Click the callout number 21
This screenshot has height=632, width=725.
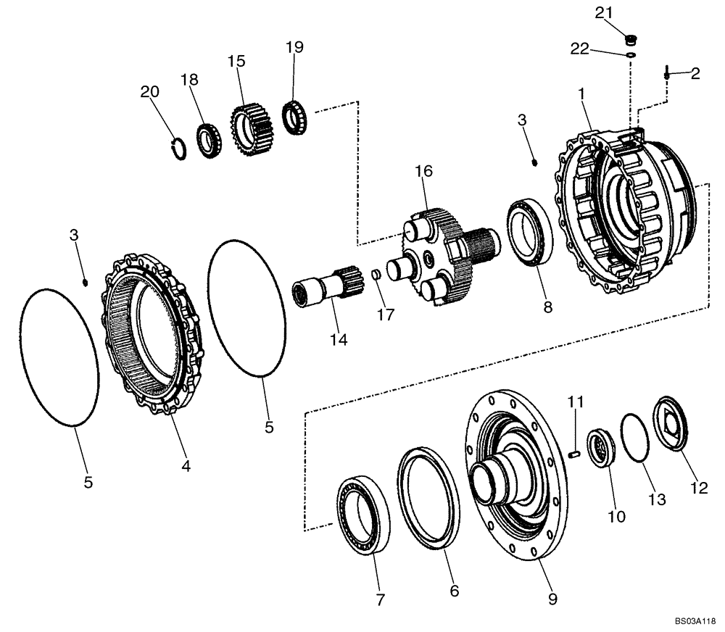pos(604,12)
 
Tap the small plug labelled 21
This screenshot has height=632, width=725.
pos(630,38)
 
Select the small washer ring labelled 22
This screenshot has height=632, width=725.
pos(631,54)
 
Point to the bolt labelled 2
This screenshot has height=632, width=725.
pos(667,72)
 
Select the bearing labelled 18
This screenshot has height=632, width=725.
pos(209,141)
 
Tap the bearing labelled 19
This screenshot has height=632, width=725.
pos(295,117)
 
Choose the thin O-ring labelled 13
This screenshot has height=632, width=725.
pos(635,436)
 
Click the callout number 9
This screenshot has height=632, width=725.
pos(552,599)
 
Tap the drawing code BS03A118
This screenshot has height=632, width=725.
pos(695,621)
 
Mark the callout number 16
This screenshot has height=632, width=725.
pos(423,171)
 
